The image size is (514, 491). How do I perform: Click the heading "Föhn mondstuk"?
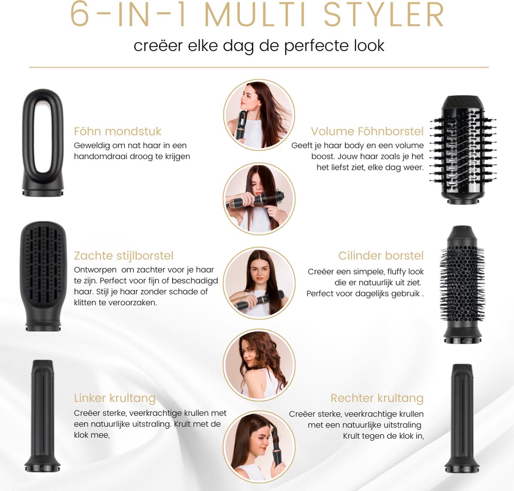pyautogui.click(x=117, y=131)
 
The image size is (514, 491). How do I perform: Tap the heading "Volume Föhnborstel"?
pyautogui.click(x=367, y=131)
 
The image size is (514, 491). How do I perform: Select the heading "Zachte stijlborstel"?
pyautogui.click(x=123, y=256)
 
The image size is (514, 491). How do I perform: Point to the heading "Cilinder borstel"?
pyautogui.click(x=380, y=256)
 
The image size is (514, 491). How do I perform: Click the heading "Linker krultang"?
pyautogui.click(x=114, y=398)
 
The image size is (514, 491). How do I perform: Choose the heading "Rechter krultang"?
pyautogui.click(x=377, y=398)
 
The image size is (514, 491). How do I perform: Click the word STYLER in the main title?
pyautogui.click(x=384, y=16)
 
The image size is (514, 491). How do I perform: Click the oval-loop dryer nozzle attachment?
pyautogui.click(x=43, y=143)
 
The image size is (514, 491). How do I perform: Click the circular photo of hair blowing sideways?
pyautogui.click(x=259, y=115)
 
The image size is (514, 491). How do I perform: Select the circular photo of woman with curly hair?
pyautogui.click(x=259, y=365)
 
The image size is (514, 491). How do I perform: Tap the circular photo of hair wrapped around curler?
pyautogui.click(x=259, y=446)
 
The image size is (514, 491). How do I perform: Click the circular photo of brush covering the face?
pyautogui.click(x=259, y=199)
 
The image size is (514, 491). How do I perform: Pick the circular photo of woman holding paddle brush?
pyautogui.click(x=259, y=283)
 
